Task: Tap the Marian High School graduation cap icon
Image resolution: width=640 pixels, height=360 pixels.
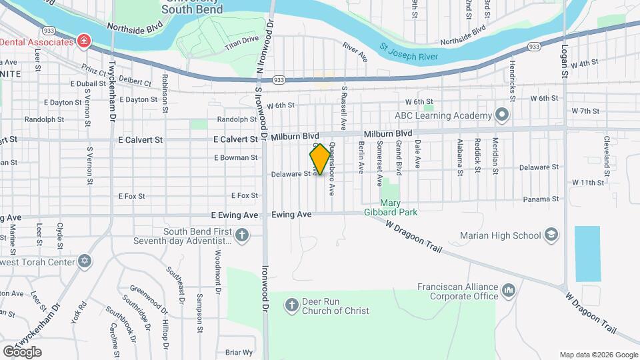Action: tap(551, 235)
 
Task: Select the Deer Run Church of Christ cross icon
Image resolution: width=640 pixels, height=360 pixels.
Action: tap(291, 306)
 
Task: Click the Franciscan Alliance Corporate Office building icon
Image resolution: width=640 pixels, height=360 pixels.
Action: tap(509, 290)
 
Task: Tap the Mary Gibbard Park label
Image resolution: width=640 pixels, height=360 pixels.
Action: tap(399, 207)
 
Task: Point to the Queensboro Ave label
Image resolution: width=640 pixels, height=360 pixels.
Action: tap(330, 170)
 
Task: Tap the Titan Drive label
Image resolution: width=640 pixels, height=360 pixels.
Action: tap(241, 43)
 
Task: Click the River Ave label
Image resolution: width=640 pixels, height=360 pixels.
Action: tap(355, 52)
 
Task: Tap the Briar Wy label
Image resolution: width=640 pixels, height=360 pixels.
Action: tap(239, 352)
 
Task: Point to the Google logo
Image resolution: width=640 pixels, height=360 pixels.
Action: tap(22, 351)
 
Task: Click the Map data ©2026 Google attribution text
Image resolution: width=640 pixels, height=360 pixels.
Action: tap(598, 355)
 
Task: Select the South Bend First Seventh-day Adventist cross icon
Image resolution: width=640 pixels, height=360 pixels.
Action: tap(242, 235)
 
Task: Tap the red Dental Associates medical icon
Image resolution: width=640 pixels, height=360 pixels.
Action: tap(83, 41)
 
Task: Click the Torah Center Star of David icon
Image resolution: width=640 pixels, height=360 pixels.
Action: tap(84, 261)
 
